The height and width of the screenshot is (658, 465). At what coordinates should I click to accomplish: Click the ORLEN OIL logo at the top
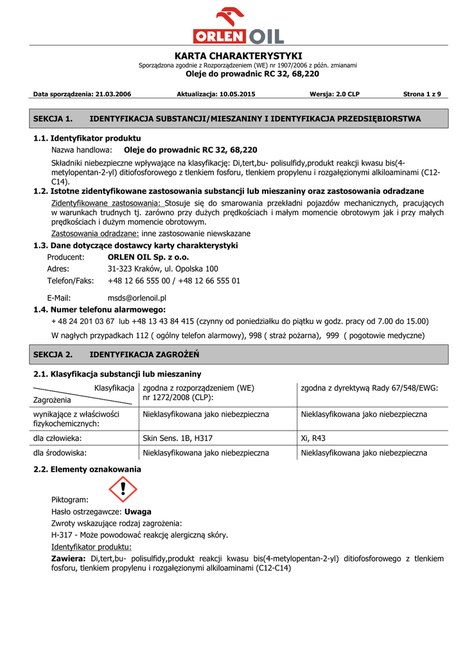[238, 26]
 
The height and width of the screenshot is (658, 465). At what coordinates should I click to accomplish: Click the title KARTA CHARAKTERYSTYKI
[238, 56]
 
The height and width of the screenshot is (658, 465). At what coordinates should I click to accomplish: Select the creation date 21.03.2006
[113, 94]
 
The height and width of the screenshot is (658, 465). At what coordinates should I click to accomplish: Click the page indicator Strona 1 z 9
[422, 94]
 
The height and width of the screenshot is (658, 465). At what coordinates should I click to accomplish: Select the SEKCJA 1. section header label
[53, 119]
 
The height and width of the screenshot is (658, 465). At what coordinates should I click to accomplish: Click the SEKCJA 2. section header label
[53, 354]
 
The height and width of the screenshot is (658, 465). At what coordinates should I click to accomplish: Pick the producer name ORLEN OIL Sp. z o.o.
[148, 257]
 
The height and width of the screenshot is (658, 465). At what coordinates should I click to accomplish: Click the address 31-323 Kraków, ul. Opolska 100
[162, 269]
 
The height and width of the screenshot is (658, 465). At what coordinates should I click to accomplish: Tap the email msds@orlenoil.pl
[137, 298]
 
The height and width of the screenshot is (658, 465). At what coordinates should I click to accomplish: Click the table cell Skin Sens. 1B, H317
[177, 438]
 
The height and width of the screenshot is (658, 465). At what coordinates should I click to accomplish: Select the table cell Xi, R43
[313, 438]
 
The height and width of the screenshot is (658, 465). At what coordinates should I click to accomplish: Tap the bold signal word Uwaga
[138, 512]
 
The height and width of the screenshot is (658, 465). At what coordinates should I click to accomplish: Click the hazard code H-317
[62, 535]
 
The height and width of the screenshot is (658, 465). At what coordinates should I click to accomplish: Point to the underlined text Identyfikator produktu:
[91, 547]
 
